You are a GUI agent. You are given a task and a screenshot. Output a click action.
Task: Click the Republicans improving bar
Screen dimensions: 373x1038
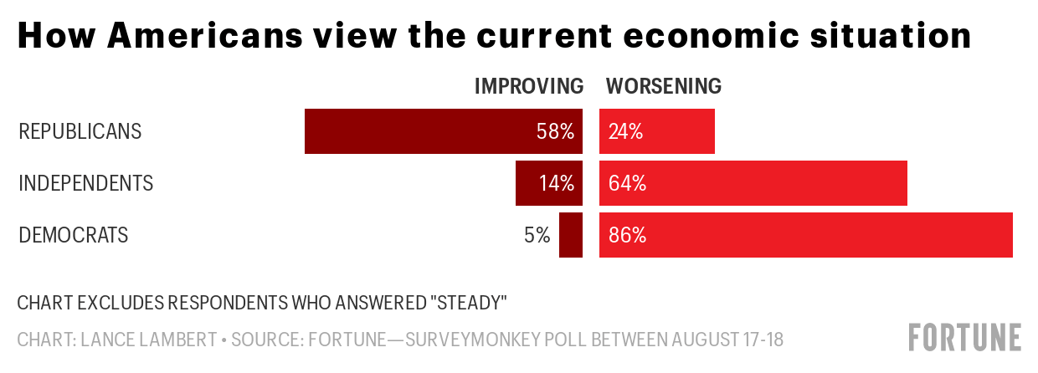click(419, 131)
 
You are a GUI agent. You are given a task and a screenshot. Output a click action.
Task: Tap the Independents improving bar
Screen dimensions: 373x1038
click(527, 183)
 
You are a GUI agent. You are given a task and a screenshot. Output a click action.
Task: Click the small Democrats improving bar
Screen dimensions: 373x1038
click(571, 235)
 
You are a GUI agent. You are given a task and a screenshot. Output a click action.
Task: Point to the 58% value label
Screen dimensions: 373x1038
click(555, 131)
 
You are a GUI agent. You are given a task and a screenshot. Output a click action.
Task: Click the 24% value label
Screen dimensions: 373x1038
click(625, 131)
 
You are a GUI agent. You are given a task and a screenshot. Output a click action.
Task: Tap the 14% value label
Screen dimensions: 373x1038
click(557, 183)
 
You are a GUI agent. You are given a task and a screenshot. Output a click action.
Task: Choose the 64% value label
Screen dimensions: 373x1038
click(627, 183)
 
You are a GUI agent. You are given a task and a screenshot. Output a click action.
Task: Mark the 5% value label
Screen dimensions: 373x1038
click(537, 235)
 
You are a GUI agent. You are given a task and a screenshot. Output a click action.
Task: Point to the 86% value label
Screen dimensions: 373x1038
click(628, 235)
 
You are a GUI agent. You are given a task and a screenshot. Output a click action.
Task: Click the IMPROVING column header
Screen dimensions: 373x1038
click(528, 86)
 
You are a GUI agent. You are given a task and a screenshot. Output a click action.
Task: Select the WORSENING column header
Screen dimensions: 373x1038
click(664, 86)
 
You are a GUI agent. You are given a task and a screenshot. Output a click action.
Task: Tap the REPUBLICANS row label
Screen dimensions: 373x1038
click(80, 131)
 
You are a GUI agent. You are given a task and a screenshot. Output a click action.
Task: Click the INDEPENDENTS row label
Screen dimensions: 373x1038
click(86, 183)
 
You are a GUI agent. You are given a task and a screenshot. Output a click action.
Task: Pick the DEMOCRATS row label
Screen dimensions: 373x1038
click(74, 235)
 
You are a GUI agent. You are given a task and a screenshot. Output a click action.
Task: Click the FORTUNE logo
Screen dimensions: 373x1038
click(965, 336)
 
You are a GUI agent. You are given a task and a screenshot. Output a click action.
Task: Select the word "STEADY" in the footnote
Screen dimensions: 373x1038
click(470, 300)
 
